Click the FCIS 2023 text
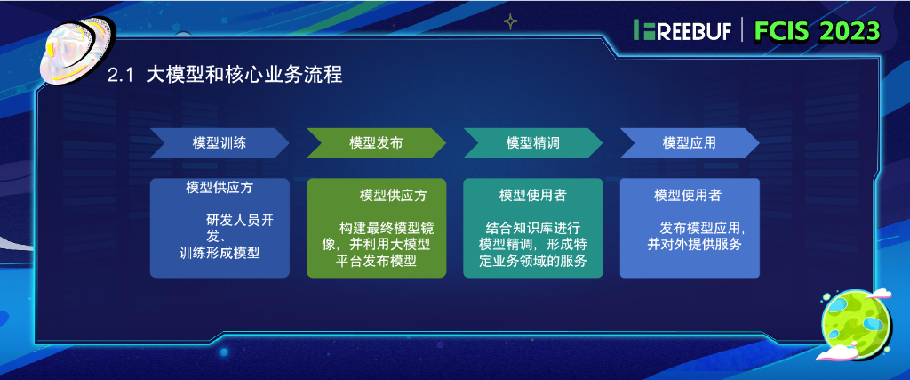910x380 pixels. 817,30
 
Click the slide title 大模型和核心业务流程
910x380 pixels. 244,76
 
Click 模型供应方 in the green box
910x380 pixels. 393,195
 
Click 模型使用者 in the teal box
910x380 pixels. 532,195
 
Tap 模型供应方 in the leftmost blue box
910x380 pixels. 220,188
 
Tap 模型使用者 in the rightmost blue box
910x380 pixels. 688,195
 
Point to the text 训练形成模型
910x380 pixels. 220,254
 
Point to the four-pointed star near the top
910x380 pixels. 510,20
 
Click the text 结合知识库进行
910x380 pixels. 532,226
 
